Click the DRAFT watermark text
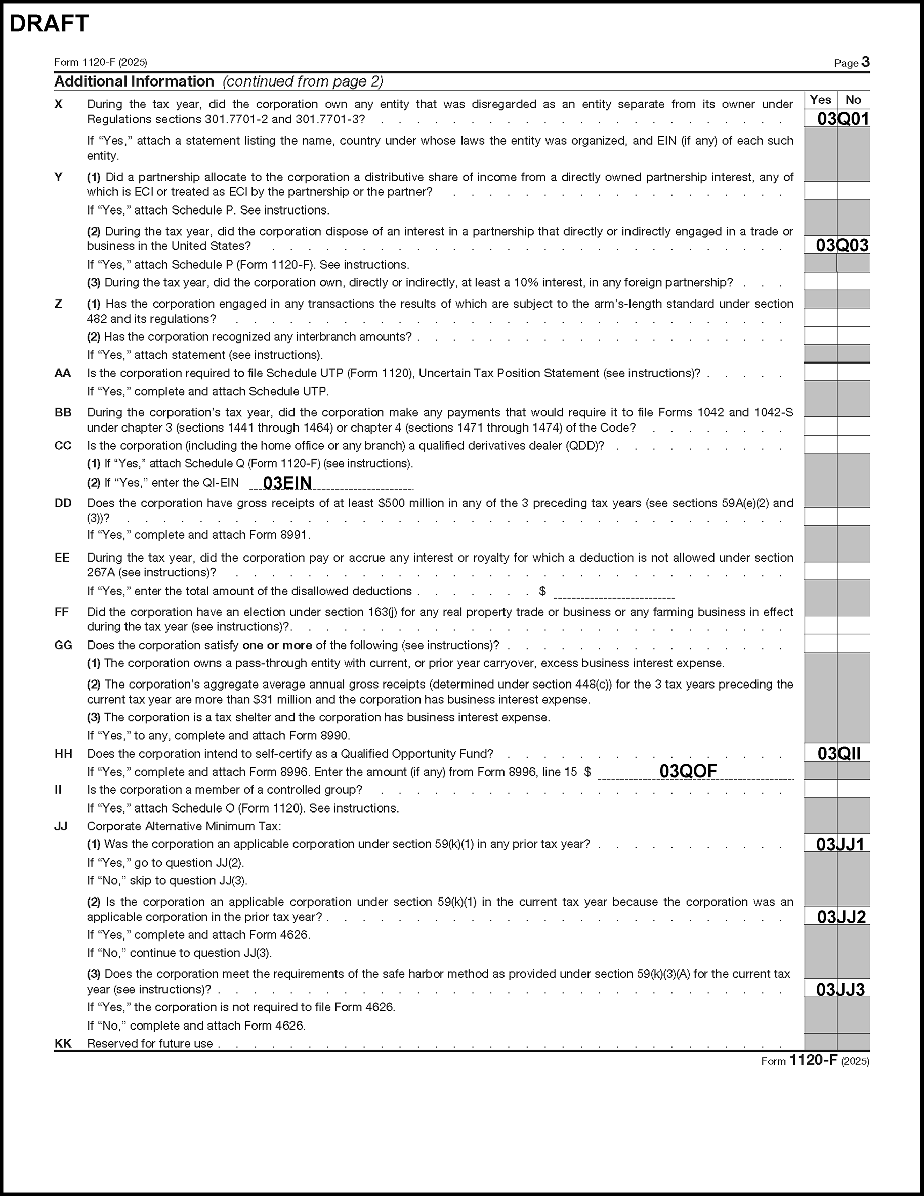pos(49,24)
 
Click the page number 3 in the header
pos(865,62)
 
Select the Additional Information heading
pos(134,81)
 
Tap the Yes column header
pos(820,100)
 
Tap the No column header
pos(853,100)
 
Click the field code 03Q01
pos(843,119)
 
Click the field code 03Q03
pos(843,245)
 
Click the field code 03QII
pos(838,753)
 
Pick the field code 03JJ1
pos(840,844)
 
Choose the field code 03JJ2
pos(842,917)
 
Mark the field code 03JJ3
pos(840,989)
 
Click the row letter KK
pos(63,1043)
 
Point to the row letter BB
pos(63,412)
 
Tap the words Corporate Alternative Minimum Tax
pos(184,826)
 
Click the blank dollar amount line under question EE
pos(613,592)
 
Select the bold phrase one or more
pos(277,645)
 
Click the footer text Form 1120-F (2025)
pos(815,1061)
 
